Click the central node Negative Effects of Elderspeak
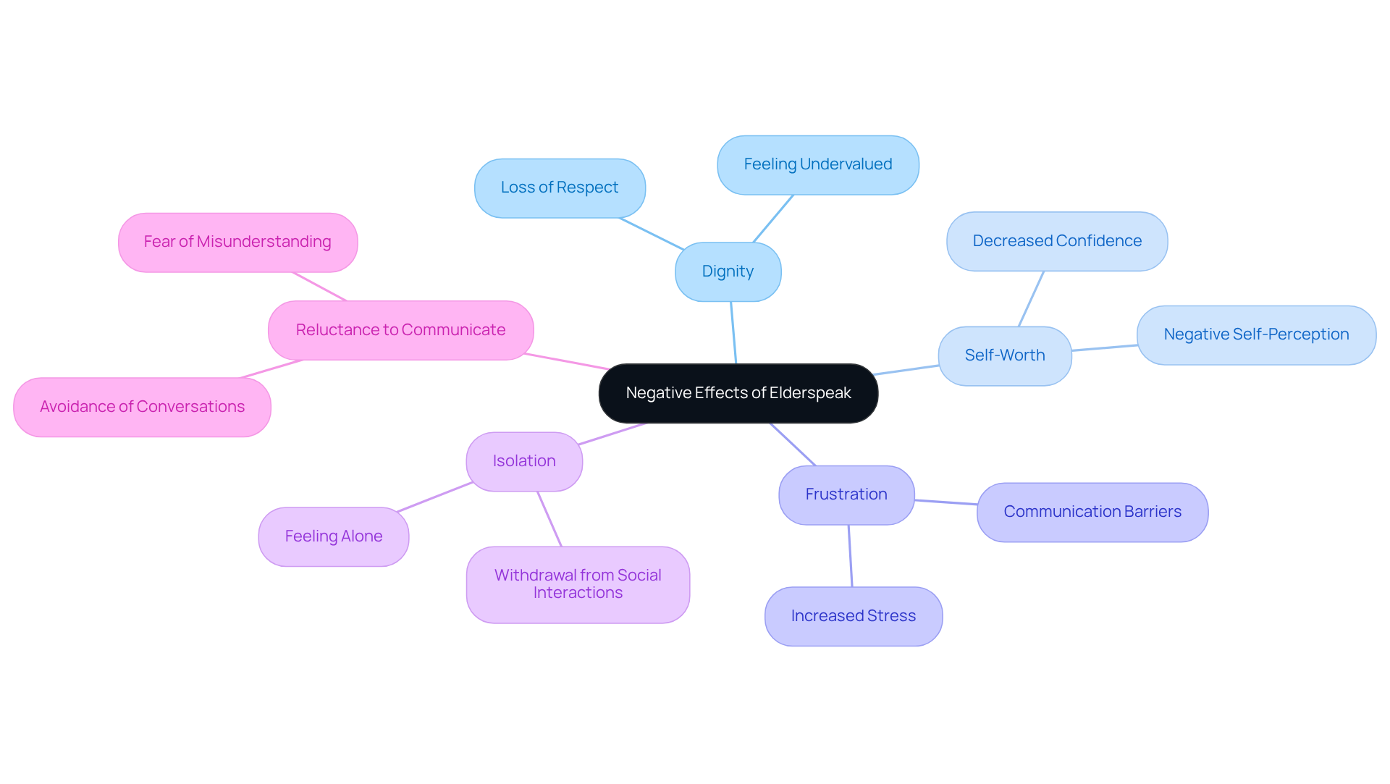[x=738, y=393]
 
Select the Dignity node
[x=728, y=271]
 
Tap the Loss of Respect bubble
[x=560, y=187]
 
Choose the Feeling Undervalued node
[x=817, y=165]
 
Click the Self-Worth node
[x=1004, y=355]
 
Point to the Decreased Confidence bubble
[x=1056, y=241]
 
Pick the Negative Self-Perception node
[x=1255, y=334]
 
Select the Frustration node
[x=846, y=494]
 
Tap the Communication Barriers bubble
[x=1092, y=512]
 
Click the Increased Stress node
[x=853, y=616]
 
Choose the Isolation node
[x=524, y=461]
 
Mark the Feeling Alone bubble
[x=333, y=536]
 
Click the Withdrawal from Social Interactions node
[x=578, y=584]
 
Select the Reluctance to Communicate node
[x=400, y=330]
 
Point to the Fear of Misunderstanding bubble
[x=237, y=242]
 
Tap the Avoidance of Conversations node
[x=142, y=407]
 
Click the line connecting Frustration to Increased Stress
[x=850, y=556]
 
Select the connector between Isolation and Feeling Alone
[x=434, y=497]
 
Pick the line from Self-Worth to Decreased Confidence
[x=1031, y=299]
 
